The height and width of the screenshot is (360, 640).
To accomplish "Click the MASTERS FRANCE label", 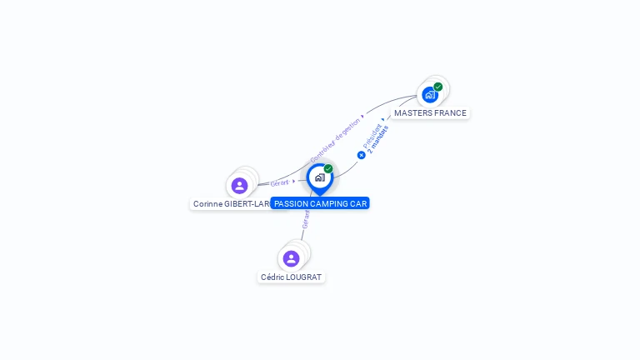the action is [430, 112].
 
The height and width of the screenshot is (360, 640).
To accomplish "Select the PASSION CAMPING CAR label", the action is [320, 203].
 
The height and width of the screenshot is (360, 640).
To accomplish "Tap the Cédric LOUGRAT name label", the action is [291, 277].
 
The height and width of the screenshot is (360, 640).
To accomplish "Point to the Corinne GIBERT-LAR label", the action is [231, 203].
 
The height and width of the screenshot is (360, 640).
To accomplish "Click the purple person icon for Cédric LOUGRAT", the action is [291, 258].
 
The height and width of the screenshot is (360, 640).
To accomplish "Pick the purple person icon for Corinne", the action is [240, 185].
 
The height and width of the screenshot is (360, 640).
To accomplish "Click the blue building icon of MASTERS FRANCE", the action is [430, 94].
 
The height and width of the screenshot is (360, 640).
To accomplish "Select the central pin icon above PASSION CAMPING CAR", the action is [319, 177].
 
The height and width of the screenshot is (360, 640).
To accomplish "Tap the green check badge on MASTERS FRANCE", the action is [438, 87].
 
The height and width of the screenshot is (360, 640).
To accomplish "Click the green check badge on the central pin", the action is [328, 169].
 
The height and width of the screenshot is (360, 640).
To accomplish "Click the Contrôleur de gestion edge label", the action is [336, 139].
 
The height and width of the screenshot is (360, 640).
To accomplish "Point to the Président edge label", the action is [372, 136].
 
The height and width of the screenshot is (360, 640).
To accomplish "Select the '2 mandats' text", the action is [379, 139].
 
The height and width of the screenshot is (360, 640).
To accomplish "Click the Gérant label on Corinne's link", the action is [279, 182].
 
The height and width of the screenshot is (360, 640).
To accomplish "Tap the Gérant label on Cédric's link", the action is [306, 218].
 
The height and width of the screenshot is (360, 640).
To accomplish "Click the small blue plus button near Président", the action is [362, 154].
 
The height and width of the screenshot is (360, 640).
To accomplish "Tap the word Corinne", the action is [207, 203].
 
